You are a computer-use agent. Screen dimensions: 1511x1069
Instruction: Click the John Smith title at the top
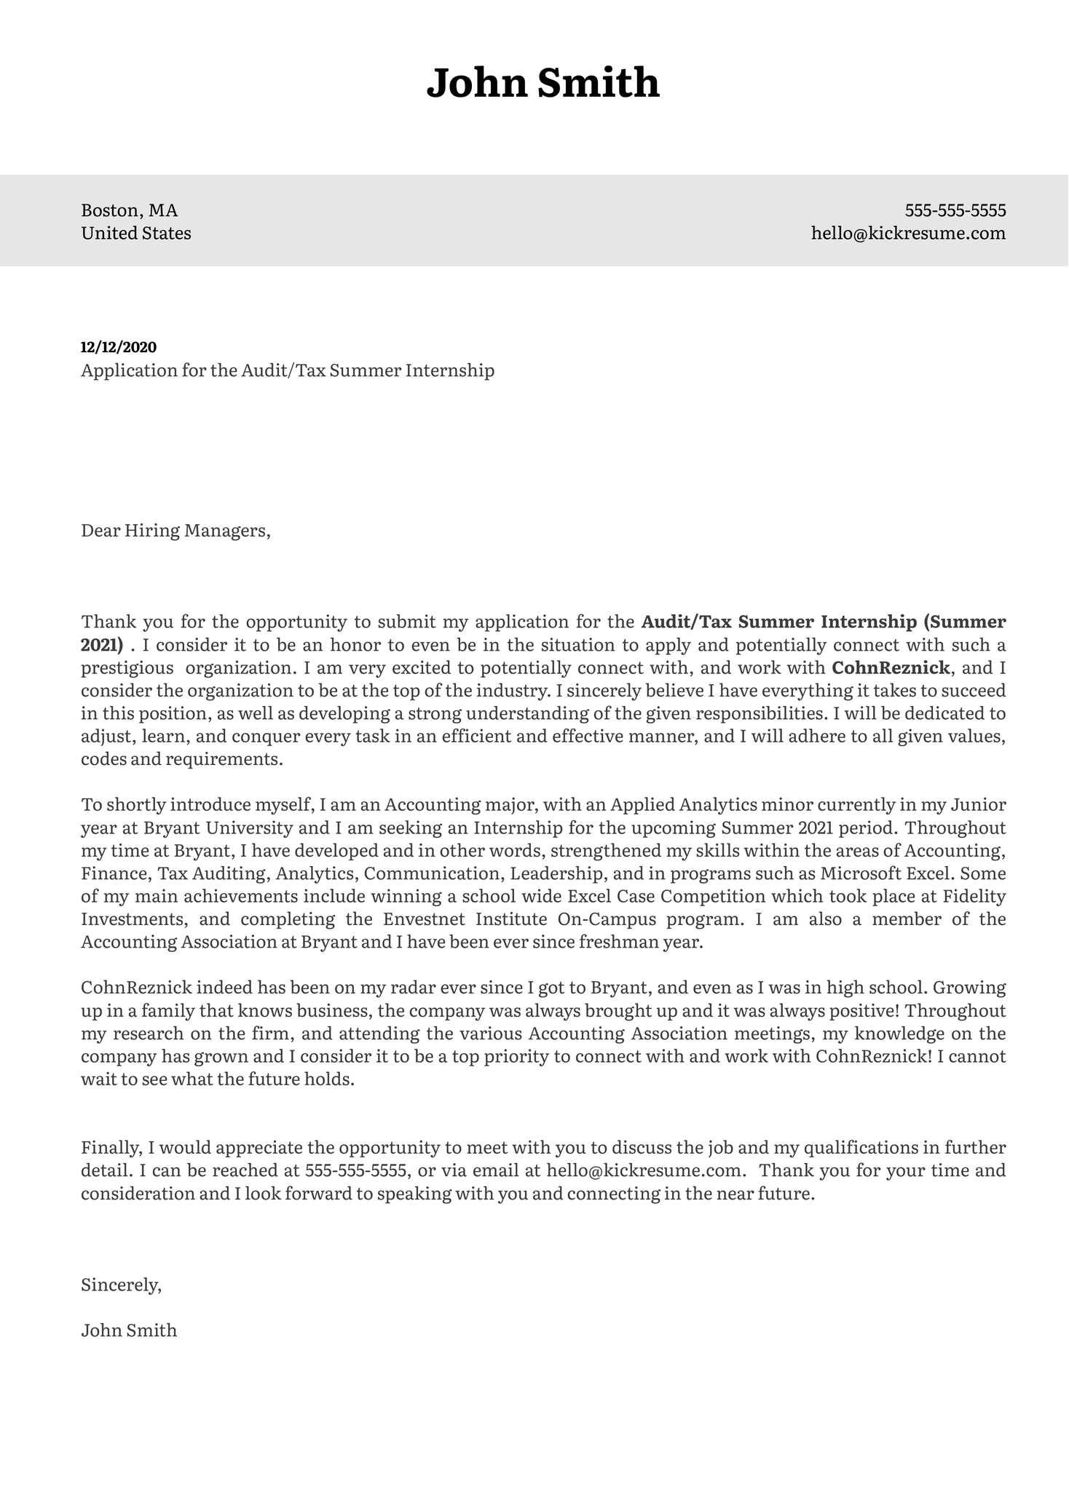[543, 83]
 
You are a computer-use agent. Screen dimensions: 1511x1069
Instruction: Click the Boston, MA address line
[129, 211]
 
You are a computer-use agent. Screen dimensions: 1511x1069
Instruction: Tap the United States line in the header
[136, 234]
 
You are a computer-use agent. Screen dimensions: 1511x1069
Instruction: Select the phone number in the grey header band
[955, 211]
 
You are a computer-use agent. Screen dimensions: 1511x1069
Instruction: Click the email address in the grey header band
[908, 234]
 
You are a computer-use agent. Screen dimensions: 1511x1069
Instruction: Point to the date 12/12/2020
[119, 347]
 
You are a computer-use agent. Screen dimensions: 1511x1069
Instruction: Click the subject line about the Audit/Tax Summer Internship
[288, 370]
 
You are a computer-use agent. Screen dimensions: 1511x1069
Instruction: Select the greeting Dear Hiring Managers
[175, 531]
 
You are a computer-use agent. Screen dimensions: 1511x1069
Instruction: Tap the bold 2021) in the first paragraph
[102, 645]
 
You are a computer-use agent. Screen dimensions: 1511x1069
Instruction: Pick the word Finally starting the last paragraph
[111, 1148]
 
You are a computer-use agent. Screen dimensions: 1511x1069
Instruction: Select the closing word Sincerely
[121, 1285]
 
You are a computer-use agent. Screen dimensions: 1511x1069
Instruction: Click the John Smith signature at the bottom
[129, 1330]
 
